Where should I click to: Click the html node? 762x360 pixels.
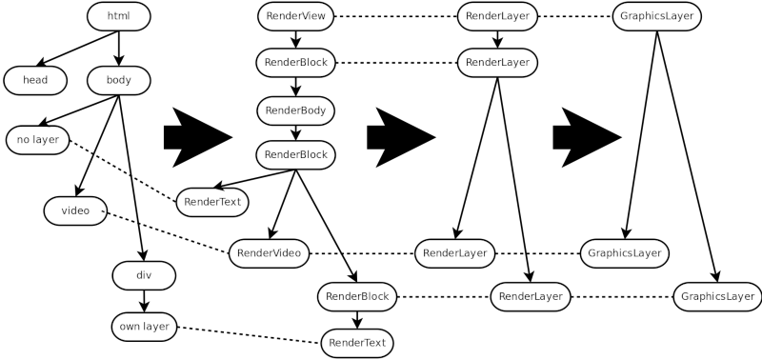(118, 16)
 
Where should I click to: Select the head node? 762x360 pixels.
(35, 80)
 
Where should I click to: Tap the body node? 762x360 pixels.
(119, 80)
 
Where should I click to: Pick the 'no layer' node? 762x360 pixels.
(38, 139)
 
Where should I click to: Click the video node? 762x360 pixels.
(75, 210)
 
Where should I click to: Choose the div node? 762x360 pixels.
(144, 275)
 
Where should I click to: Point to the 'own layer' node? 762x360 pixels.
(144, 327)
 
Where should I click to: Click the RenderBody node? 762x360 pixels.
(295, 110)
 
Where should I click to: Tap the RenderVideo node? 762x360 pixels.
(269, 253)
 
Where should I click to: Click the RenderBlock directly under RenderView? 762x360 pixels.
(296, 63)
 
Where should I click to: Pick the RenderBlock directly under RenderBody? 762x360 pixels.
(295, 154)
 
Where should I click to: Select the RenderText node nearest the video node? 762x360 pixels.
(212, 202)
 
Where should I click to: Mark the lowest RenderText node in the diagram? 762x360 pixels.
(357, 343)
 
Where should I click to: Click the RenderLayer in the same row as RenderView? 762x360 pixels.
(497, 16)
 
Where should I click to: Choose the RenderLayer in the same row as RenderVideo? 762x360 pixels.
(454, 253)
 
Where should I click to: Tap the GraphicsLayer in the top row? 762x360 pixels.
(657, 16)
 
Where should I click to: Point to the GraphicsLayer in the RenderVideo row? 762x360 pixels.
(625, 253)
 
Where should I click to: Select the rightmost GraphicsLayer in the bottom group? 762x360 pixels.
(718, 296)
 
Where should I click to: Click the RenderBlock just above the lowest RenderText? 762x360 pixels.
(357, 296)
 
